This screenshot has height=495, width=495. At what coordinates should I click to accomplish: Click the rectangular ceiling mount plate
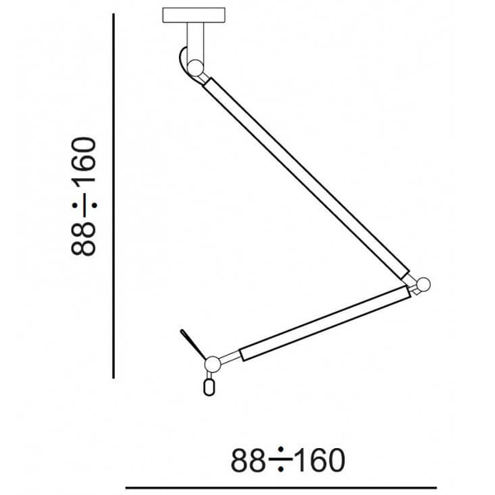tap(194, 15)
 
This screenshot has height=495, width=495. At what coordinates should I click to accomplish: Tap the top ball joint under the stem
tap(195, 68)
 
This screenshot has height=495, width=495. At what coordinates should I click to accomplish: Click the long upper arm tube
tap(306, 178)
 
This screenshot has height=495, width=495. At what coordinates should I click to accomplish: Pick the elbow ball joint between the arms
tap(422, 285)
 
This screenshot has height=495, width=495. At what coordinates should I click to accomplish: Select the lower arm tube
tap(325, 323)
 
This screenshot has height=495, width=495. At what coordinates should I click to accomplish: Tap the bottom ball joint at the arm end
tap(213, 364)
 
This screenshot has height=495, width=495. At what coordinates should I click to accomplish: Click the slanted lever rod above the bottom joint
tap(193, 344)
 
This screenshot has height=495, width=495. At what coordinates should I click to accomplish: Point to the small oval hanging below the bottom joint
tap(209, 387)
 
